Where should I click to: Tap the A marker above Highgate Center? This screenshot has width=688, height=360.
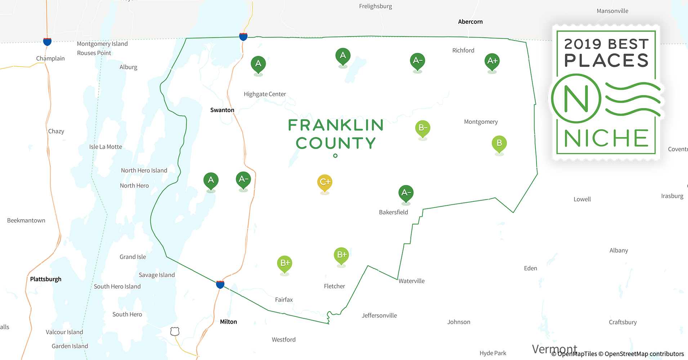(258, 64)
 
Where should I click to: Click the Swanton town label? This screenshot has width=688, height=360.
(222, 110)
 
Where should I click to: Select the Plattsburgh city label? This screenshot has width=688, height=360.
(46, 279)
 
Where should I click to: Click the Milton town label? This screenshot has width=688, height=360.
(228, 322)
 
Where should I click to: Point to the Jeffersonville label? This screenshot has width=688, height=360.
(379, 316)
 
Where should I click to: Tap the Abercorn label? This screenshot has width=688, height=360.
(470, 22)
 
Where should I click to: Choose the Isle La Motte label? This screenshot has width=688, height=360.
(106, 147)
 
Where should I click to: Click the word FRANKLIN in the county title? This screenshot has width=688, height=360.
(336, 125)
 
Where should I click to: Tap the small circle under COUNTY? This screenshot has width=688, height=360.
(335, 156)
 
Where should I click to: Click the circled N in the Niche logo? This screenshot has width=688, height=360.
(576, 99)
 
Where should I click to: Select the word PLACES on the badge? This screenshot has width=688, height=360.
(606, 60)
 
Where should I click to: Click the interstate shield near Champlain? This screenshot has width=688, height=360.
(47, 41)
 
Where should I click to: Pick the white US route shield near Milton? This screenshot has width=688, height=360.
(175, 331)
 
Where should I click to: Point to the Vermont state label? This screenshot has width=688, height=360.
(554, 349)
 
